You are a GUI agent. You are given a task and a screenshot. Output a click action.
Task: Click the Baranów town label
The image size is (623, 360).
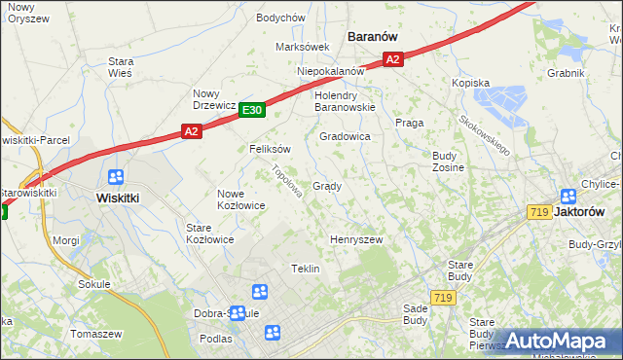tap(372, 36)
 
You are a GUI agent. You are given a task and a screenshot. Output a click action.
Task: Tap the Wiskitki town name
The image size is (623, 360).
tap(122, 196)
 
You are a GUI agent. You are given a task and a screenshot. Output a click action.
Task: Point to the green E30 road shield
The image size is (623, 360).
tap(251, 111)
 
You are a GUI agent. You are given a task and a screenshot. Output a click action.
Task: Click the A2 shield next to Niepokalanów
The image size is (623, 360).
tap(392, 60)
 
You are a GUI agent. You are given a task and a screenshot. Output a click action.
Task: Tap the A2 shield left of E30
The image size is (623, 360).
tap(191, 130)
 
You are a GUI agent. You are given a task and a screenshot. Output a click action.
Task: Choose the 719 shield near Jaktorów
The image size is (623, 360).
tap(538, 212)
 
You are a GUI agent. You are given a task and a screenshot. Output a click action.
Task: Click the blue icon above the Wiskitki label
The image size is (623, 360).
tap(116, 177)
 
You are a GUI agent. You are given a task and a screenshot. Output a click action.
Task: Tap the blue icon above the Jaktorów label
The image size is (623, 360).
tap(569, 195)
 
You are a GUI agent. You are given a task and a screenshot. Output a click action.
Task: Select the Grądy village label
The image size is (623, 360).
tap(326, 186)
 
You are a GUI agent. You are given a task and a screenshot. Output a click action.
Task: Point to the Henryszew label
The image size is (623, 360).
tap(355, 239)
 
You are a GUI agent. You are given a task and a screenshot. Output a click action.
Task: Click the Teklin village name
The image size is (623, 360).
tap(306, 269)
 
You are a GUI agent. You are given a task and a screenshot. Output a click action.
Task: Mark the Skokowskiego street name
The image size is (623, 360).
tap(485, 135)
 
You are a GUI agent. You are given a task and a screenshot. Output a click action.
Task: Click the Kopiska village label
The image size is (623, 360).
tap(470, 84)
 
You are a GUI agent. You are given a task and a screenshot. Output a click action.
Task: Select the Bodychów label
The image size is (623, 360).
tap(280, 18)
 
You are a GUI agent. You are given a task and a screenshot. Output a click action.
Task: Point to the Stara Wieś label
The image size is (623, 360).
tap(121, 66)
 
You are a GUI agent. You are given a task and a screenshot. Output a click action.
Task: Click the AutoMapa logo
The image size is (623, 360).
tap(557, 341)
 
